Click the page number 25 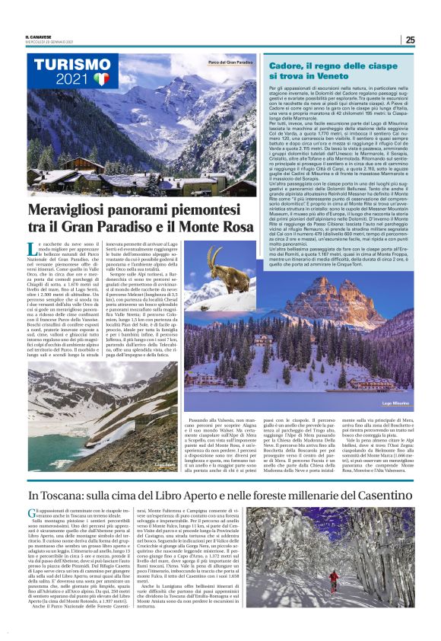click(410, 40)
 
